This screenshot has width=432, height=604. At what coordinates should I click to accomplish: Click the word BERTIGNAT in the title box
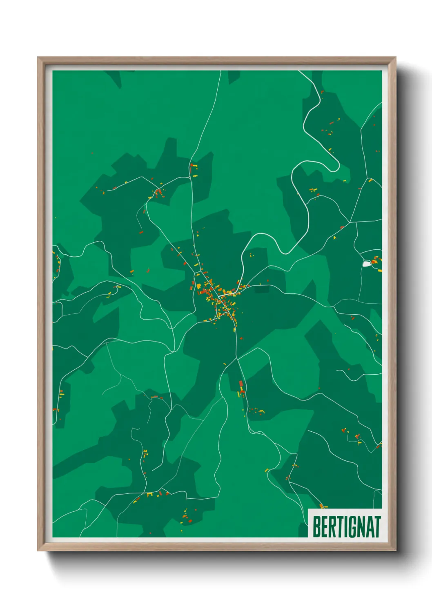coord(346,527)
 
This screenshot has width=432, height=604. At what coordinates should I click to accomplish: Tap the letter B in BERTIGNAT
coord(316,527)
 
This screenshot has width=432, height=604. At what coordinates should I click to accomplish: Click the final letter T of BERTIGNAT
coord(377,527)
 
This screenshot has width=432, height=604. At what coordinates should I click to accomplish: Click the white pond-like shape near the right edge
coord(367,264)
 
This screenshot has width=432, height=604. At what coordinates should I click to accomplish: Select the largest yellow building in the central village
coord(199,286)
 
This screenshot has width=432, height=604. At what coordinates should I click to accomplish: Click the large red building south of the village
coord(241,384)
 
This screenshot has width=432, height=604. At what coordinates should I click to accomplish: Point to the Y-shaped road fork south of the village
coord(236,359)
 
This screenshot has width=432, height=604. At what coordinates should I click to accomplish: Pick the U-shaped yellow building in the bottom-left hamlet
coord(150,495)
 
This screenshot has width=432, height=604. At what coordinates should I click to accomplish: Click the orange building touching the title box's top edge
coord(321,506)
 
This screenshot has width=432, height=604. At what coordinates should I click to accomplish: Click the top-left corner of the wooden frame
coord(38,57)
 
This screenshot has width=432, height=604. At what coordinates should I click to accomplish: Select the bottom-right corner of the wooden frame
coord(396,551)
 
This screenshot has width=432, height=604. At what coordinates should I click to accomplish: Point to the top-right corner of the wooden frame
coord(396,57)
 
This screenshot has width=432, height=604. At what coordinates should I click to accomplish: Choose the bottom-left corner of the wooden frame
coord(38,551)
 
